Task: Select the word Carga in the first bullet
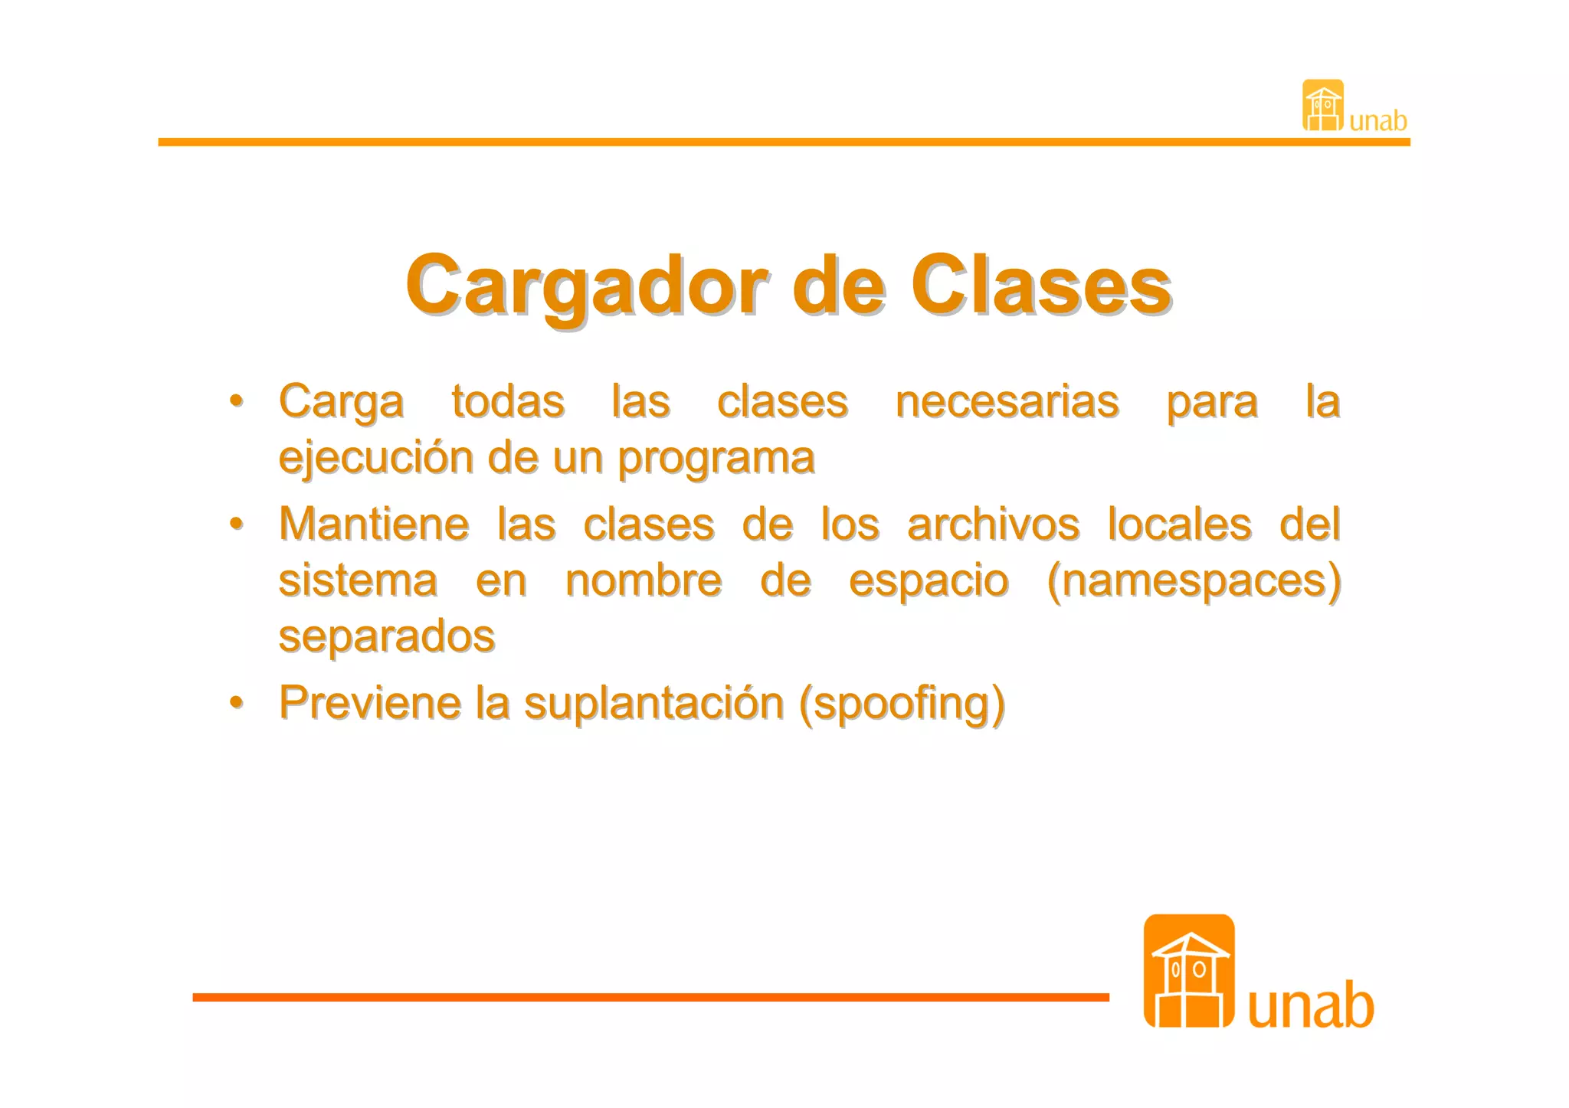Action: (x=341, y=401)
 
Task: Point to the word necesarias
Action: (x=1007, y=401)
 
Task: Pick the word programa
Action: (x=716, y=458)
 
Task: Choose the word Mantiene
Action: (x=374, y=525)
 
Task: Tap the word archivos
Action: (x=993, y=525)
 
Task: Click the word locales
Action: (x=1180, y=525)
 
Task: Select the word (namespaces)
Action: (x=1194, y=580)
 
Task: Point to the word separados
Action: (x=387, y=636)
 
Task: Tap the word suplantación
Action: (x=654, y=702)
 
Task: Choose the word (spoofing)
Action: (x=902, y=704)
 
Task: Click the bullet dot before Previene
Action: (x=237, y=702)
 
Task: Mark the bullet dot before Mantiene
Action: (x=237, y=524)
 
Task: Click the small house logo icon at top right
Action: (x=1323, y=105)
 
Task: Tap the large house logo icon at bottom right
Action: (x=1188, y=970)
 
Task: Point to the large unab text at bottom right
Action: (x=1311, y=1005)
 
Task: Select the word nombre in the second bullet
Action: (x=644, y=580)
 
